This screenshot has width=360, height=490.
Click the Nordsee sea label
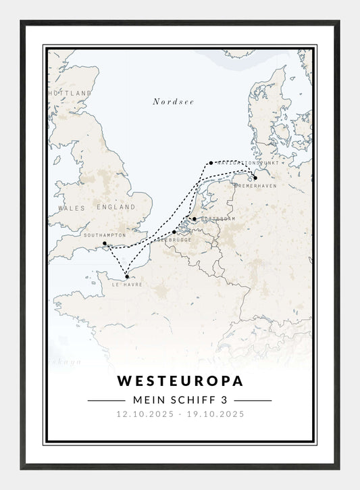(x=173, y=101)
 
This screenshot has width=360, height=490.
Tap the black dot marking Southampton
(x=104, y=243)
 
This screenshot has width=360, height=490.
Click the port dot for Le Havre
(x=127, y=276)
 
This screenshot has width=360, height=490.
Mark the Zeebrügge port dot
(x=174, y=232)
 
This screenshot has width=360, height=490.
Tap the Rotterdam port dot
(x=194, y=218)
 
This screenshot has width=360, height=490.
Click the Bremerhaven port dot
(x=255, y=178)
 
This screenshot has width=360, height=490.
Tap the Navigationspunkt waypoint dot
(x=211, y=162)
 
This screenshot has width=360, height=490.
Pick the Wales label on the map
(x=72, y=208)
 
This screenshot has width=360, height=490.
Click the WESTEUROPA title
(x=180, y=381)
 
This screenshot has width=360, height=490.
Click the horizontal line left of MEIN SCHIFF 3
(x=106, y=400)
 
